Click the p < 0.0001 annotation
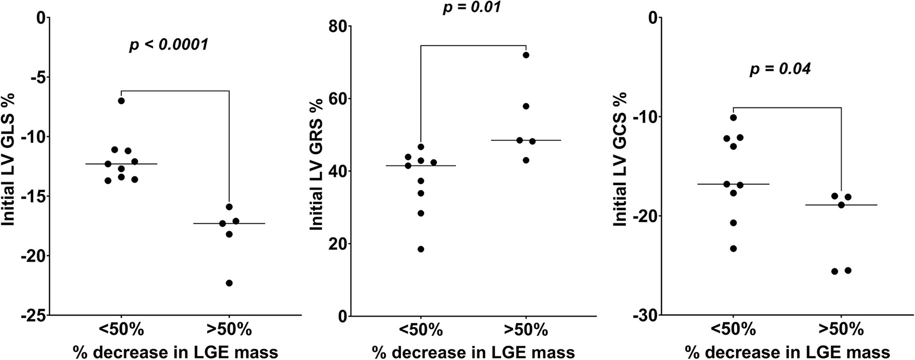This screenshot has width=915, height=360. coord(168,45)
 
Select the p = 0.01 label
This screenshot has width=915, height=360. coord(471,7)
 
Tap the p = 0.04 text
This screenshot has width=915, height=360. coord(780,69)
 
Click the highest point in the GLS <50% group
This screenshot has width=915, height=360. coord(121,101)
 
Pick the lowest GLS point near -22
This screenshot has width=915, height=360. coord(229,283)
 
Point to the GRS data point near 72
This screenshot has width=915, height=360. coord(526,55)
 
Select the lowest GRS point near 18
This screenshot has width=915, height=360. coord(421,249)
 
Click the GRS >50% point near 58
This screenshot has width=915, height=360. coord(526,106)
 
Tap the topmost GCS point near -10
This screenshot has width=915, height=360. coord(733,118)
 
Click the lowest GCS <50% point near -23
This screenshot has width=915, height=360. coord(733,248)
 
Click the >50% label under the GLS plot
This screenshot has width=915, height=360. coord(229,330)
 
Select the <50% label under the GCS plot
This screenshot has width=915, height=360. coord(733,330)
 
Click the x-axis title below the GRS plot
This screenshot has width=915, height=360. coord(473,352)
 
